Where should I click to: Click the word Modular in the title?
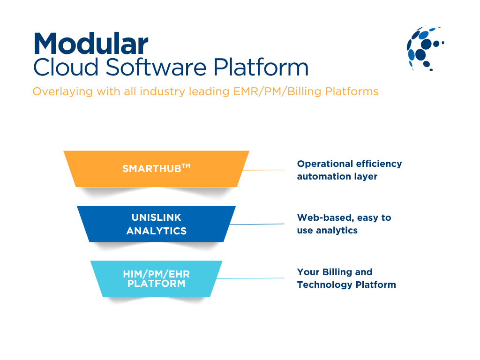point(91,44)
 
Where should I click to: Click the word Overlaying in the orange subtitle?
point(62,91)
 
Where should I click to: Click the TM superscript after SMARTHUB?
point(186,165)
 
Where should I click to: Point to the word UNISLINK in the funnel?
point(156,217)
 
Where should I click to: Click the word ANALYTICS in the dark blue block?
point(156,231)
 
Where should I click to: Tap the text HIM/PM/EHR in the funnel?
point(156,274)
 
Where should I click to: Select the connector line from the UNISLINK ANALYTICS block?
point(258,224)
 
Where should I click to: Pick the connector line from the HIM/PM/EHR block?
point(251,278)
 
